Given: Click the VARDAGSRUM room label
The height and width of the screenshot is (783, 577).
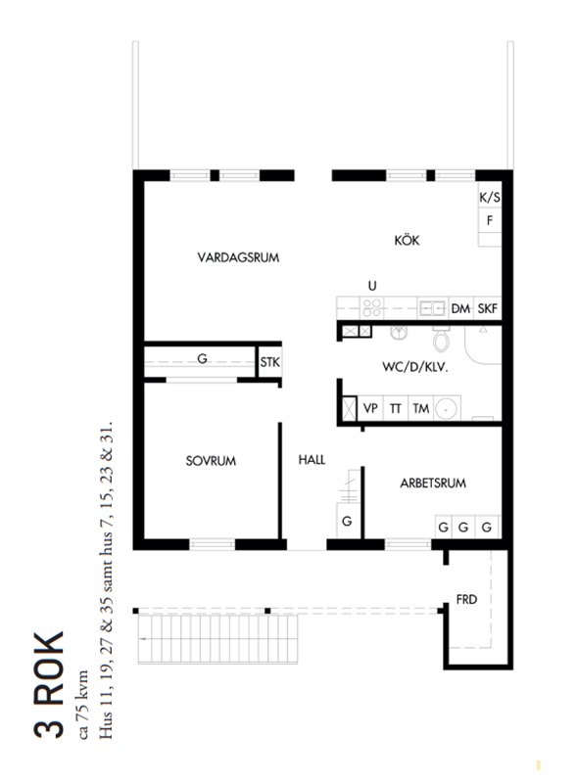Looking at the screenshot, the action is pos(238,257).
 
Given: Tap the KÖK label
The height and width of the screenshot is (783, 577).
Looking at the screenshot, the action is pos(407,240).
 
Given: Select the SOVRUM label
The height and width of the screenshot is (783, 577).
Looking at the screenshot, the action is pos(211,461).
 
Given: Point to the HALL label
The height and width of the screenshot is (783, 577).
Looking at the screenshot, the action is pos(312,459).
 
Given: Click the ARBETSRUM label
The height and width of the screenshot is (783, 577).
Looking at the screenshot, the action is pos(433,483).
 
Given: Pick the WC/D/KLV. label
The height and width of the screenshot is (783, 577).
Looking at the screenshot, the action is pos(415,368).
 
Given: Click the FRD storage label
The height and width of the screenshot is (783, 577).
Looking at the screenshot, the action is pos(466,599).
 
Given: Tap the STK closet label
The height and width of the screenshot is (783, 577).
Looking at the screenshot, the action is pos(270,362).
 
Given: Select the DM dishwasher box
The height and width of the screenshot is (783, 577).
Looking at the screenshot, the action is pos(460,308).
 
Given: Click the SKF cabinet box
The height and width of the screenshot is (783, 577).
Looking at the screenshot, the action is pos(488,308).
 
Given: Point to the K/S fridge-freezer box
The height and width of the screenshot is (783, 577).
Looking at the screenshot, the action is pos(490,198).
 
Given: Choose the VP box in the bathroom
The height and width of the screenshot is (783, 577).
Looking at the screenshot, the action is pos(370,408).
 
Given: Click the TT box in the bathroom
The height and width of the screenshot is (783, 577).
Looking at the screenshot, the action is pos(396,408).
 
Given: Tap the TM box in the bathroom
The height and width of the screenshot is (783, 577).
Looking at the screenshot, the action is pos(421,408).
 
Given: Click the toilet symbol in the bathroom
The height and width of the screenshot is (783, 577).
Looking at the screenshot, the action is pos(441,339).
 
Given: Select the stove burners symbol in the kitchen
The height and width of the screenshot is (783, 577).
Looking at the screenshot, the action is pos(372,307).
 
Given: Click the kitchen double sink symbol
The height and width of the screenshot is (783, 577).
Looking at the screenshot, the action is pos(432,308).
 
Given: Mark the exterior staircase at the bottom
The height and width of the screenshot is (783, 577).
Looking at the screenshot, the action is pos(218,638).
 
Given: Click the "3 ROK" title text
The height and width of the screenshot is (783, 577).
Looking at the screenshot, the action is pos(49,685).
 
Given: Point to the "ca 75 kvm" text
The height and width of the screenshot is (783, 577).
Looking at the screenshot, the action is pos(82,705).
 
